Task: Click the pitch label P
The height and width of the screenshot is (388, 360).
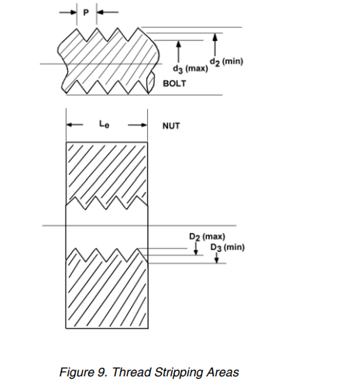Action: pos(86,12)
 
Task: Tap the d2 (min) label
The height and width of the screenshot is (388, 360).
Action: pos(226,62)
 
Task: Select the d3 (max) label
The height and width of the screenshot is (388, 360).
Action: pos(190,69)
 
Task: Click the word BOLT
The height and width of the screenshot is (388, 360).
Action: pos(174,84)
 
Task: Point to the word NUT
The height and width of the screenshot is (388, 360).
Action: pos(171,126)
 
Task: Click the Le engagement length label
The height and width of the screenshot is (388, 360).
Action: pos(105,124)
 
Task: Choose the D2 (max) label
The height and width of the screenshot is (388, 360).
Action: pos(207,237)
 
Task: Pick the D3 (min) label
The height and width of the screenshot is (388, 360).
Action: pos(228,247)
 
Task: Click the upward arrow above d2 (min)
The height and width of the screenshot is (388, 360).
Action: pos(215,45)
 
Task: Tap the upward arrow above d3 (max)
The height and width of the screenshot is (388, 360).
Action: pos(178,52)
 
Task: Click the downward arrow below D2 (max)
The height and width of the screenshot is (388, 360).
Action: pos(196,249)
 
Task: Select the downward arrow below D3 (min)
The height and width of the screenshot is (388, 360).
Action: pos(217,258)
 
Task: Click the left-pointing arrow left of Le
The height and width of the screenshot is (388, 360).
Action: pos(75,125)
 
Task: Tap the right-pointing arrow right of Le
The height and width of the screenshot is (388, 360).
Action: pos(138,125)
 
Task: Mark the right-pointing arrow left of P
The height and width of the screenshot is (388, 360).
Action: pos(68,12)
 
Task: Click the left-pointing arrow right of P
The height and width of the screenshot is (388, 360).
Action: pos(108,12)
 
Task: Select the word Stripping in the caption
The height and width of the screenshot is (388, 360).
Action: pos(178,373)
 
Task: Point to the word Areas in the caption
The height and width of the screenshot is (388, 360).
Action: pos(223,373)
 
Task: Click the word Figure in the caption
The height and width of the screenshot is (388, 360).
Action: pos(77,373)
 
